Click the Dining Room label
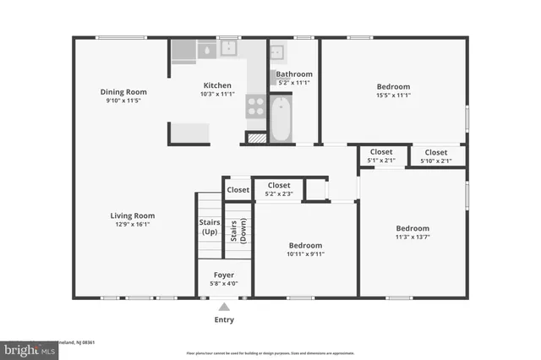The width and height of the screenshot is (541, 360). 123,91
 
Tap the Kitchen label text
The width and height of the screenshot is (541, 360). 217,85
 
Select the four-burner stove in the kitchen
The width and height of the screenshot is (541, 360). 255,106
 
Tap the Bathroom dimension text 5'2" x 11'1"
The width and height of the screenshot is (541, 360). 293,83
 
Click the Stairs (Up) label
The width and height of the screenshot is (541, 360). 210,226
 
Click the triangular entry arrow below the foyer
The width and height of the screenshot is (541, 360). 224,307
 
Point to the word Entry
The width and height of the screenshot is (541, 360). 224,319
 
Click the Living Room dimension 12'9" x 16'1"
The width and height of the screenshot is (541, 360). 133,224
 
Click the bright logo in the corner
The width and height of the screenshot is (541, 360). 25,349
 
